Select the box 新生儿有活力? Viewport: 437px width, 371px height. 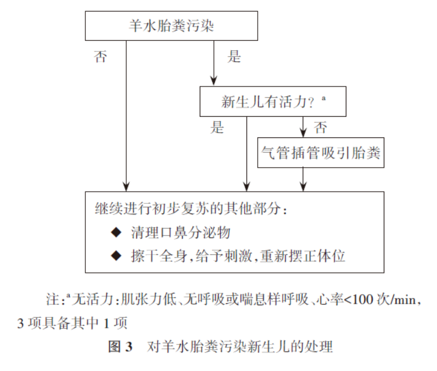[273, 102]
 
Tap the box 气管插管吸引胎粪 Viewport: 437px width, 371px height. [321, 153]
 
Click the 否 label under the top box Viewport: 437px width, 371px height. [100, 57]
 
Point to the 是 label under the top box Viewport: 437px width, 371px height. [234, 57]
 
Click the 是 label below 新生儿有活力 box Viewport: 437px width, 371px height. [217, 127]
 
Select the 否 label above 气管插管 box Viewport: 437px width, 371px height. [320, 127]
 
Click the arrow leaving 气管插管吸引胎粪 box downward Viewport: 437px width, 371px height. [303, 179]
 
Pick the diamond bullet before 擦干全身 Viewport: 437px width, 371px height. [116, 255]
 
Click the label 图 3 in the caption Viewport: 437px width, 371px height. [122, 347]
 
